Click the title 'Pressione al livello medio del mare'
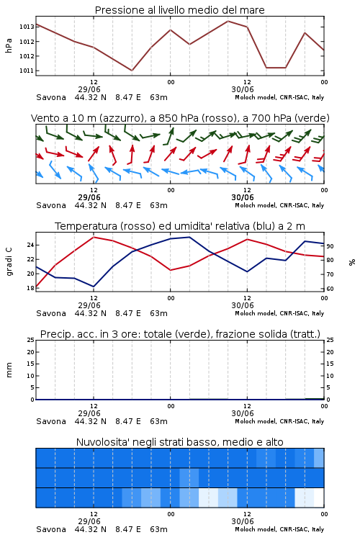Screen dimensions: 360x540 (x=179, y=10)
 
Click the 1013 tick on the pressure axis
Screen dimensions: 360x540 (x=27, y=27)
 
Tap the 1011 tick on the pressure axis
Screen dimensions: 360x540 (x=27, y=71)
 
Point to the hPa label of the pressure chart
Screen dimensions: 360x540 (x=9, y=45)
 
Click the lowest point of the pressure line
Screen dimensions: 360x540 (x=132, y=71)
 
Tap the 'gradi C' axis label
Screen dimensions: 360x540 (x=9, y=262)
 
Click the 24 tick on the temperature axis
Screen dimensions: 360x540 (x=30, y=245)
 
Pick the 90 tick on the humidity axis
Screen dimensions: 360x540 (x=330, y=246)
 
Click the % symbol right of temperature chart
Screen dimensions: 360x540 (x=352, y=262)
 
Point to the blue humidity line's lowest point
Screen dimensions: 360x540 (x=94, y=287)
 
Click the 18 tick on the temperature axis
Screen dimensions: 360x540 (x=30, y=288)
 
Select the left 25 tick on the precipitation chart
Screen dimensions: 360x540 (x=30, y=340)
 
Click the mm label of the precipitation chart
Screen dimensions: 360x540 (x=9, y=370)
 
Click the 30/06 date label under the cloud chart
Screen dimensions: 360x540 (x=243, y=521)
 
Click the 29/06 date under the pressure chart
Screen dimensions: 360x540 (x=89, y=89)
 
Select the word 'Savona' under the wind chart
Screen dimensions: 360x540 (x=51, y=205)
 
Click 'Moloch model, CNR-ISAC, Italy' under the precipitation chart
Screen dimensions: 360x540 (x=279, y=421)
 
